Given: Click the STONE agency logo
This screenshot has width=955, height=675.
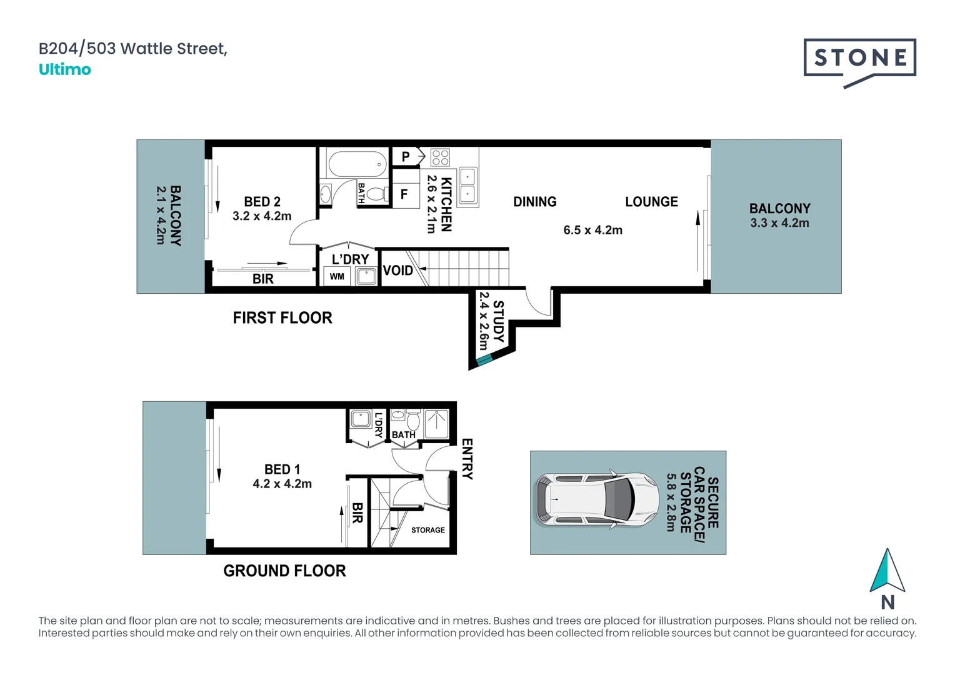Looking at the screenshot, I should pyautogui.click(x=859, y=59).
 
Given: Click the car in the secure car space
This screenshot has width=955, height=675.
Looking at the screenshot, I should pyautogui.click(x=596, y=500).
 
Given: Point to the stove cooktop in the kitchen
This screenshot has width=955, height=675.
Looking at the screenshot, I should pyautogui.click(x=440, y=157).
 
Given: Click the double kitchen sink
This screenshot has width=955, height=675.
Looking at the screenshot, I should pyautogui.click(x=467, y=186).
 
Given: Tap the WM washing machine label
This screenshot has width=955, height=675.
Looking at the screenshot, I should pyautogui.click(x=337, y=276).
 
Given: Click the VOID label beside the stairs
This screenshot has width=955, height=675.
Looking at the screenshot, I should pyautogui.click(x=397, y=271).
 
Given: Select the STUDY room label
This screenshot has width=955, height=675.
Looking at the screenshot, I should pyautogui.click(x=498, y=321).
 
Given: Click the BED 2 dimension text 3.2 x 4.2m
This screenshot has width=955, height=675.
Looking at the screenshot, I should pyautogui.click(x=262, y=216).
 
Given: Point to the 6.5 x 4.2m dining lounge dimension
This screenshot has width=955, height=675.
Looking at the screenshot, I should pyautogui.click(x=592, y=230).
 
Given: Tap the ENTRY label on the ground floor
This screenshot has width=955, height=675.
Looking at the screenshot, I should pyautogui.click(x=467, y=459).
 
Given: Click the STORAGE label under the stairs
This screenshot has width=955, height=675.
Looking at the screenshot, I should pyautogui.click(x=428, y=530).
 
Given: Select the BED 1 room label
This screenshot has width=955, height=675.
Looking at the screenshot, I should pyautogui.click(x=282, y=469).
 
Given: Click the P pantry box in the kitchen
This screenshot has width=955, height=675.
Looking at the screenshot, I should pyautogui.click(x=406, y=157).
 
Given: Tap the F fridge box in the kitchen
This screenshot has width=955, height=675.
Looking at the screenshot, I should pyautogui.click(x=404, y=194).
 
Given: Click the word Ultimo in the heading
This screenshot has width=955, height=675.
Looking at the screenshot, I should pyautogui.click(x=65, y=69).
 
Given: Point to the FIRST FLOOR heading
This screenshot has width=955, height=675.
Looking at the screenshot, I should pyautogui.click(x=282, y=318).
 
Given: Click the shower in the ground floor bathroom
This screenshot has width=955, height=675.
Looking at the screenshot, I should pyautogui.click(x=436, y=424).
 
